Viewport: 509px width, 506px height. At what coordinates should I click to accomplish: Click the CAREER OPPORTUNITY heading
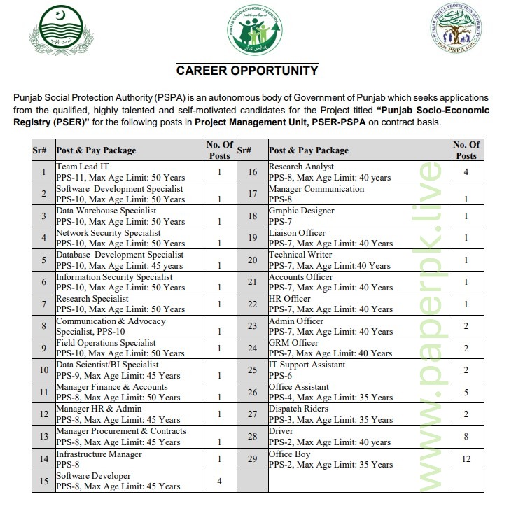coord(247,71)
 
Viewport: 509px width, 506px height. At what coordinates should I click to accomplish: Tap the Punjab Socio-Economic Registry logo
coord(253,32)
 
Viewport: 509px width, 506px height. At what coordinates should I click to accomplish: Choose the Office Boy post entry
coord(330,459)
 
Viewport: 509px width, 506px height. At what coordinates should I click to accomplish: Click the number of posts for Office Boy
coord(466,459)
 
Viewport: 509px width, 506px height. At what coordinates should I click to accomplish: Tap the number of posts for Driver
coord(466,437)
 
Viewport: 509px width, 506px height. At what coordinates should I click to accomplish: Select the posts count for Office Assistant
coord(466,393)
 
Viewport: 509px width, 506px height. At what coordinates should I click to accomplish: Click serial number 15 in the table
coord(43,481)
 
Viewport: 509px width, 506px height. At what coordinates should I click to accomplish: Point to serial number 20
coord(252,260)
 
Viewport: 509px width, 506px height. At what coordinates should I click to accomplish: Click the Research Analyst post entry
coord(330,172)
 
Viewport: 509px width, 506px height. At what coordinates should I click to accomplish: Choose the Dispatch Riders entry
coord(330,414)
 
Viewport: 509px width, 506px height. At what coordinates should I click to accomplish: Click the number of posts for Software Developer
coord(219,481)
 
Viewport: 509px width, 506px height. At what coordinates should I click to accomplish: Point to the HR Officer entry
coord(330,304)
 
